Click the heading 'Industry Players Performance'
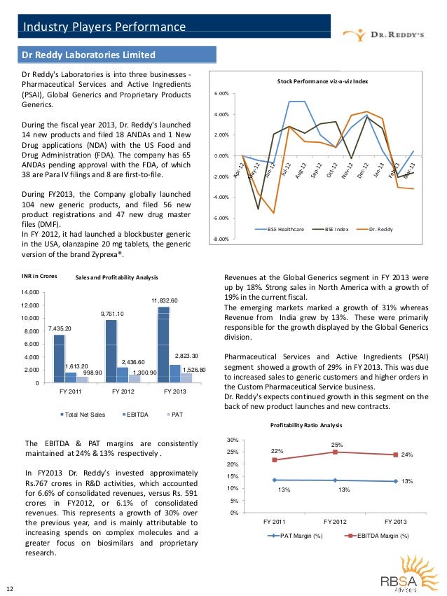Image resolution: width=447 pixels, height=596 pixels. [x=104, y=27]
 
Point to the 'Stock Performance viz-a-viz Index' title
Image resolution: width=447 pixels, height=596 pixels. [x=322, y=82]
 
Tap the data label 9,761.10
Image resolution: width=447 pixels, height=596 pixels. [x=113, y=313]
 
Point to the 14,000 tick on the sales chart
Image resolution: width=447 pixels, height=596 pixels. [x=27, y=292]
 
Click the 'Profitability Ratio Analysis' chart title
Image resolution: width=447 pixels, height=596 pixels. [x=306, y=425]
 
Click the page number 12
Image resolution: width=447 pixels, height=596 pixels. [x=9, y=588]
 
